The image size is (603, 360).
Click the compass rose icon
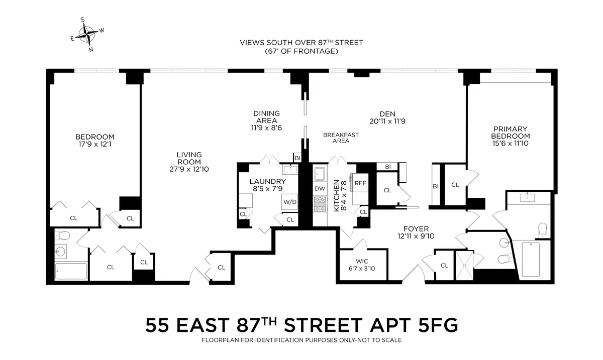[x=87, y=35]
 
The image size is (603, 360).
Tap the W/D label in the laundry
[x=289, y=202]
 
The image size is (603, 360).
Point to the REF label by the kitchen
[x=360, y=183]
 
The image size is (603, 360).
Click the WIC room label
[x=362, y=261]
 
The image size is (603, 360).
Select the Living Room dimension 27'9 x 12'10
[x=189, y=169]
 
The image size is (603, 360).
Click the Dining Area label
[x=266, y=113]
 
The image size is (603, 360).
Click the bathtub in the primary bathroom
[x=530, y=259]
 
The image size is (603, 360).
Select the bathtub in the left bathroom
[x=71, y=271]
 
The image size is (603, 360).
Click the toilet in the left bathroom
[x=63, y=235]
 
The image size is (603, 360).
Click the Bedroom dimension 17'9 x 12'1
[x=94, y=144]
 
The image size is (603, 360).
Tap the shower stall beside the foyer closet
[x=464, y=265]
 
